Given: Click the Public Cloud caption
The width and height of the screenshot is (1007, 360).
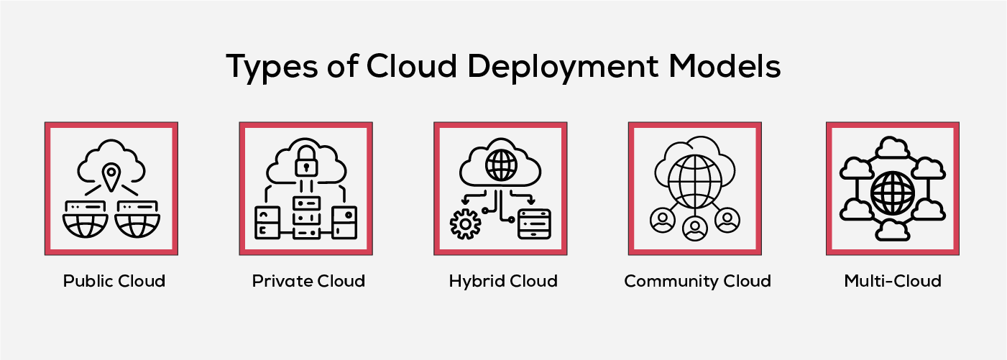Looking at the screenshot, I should click(114, 280).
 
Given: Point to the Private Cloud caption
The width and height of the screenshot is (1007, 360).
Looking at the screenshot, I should click(308, 280).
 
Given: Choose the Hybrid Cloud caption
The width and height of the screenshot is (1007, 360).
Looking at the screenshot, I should click(503, 280).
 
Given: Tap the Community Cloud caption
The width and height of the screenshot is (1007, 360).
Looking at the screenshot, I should click(697, 280).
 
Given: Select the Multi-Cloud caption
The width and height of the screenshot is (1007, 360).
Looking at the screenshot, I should click(893, 280).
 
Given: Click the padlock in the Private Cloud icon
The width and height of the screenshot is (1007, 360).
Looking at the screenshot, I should click(307, 161).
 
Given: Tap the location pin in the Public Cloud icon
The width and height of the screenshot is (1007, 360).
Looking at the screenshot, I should click(111, 177).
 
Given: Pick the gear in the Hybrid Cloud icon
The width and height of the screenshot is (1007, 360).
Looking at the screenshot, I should click(465, 223).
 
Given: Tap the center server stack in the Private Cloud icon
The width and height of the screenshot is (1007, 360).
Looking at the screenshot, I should click(307, 213).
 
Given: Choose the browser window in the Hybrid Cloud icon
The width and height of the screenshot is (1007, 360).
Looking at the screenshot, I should click(534, 223).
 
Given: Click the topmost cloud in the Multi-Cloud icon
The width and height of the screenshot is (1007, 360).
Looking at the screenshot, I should click(893, 148).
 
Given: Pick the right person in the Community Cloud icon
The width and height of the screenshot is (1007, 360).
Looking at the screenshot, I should click(727, 220).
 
